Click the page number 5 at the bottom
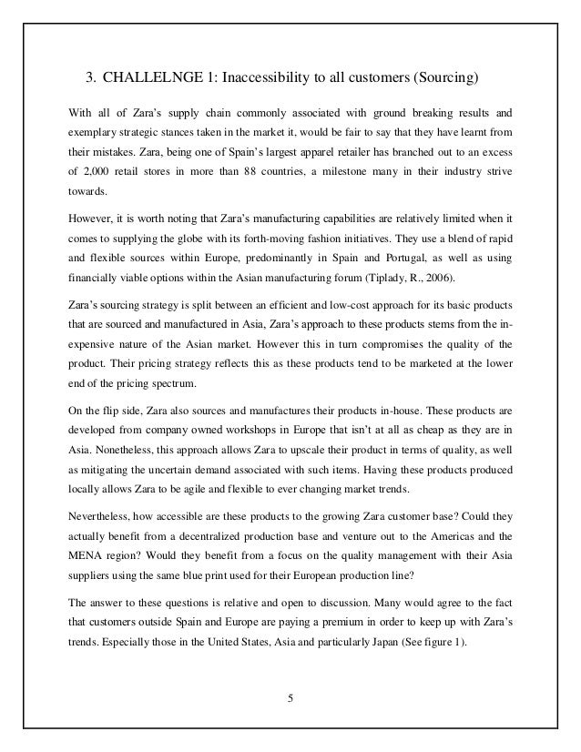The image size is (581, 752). point(290,700)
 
